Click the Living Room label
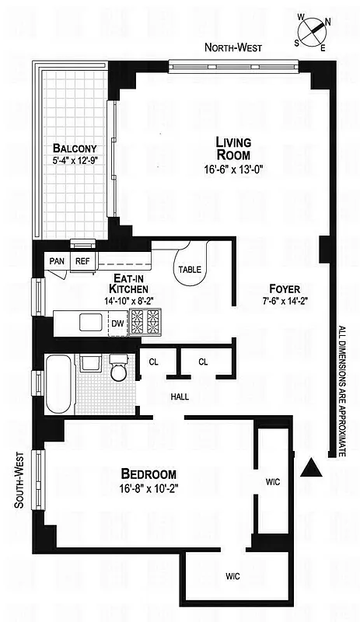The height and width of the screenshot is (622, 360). click(x=233, y=148)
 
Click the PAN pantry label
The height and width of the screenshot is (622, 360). click(x=57, y=261)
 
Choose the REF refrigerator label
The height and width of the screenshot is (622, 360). click(x=82, y=261)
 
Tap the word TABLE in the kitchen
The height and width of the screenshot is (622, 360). click(x=191, y=269)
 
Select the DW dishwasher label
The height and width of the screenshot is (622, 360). click(x=117, y=322)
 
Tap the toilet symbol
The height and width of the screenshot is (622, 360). click(x=119, y=370)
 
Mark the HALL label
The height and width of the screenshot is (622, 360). click(x=180, y=397)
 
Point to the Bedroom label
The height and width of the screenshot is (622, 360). click(x=148, y=473)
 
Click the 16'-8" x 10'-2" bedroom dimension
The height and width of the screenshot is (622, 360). click(x=148, y=490)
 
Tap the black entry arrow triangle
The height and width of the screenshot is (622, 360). click(x=311, y=467)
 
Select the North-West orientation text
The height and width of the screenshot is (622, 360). click(x=233, y=48)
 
